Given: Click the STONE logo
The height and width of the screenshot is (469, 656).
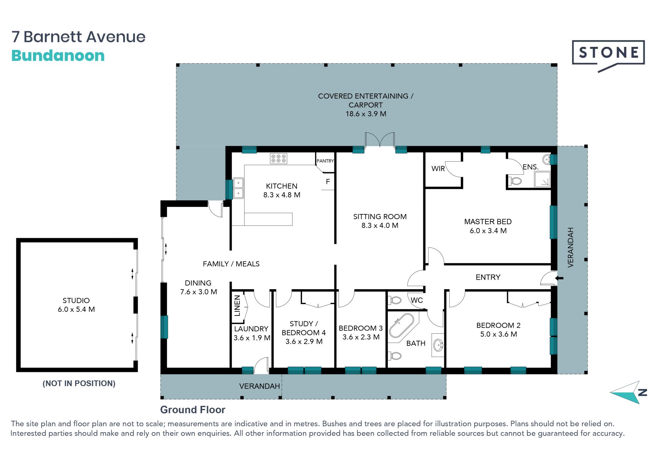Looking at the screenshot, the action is point(608,55).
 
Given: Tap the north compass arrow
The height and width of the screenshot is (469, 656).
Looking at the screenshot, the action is point(628,393).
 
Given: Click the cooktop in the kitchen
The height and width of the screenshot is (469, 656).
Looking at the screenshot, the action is point(278,159).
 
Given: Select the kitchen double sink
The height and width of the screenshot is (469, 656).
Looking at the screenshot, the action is point(238,188).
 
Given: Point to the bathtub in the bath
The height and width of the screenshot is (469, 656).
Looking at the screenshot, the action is point(401,326).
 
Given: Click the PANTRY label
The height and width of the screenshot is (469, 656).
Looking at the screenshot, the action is point(325,161).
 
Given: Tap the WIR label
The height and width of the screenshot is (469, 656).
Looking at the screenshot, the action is point(438,169).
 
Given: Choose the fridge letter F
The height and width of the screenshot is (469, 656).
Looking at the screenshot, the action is point(328,182).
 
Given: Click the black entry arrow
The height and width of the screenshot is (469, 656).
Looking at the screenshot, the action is point(559,278).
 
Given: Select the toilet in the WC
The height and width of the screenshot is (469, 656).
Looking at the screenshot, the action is point(395,300).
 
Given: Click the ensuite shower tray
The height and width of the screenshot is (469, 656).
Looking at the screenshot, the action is point(543,179).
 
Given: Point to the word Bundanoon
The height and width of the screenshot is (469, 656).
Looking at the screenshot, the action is point(58,56).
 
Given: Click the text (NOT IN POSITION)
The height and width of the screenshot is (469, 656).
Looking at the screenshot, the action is point(79,384).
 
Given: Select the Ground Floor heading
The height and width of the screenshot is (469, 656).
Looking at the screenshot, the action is point(193,410).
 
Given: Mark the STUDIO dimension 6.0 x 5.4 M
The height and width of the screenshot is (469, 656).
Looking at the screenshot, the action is point(76,309).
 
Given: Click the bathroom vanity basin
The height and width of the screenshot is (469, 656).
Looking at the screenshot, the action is point(438,345).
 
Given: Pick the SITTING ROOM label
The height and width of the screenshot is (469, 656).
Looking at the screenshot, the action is point(380,217).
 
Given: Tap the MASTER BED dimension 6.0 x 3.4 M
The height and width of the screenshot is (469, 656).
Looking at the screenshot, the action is point(488,231).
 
